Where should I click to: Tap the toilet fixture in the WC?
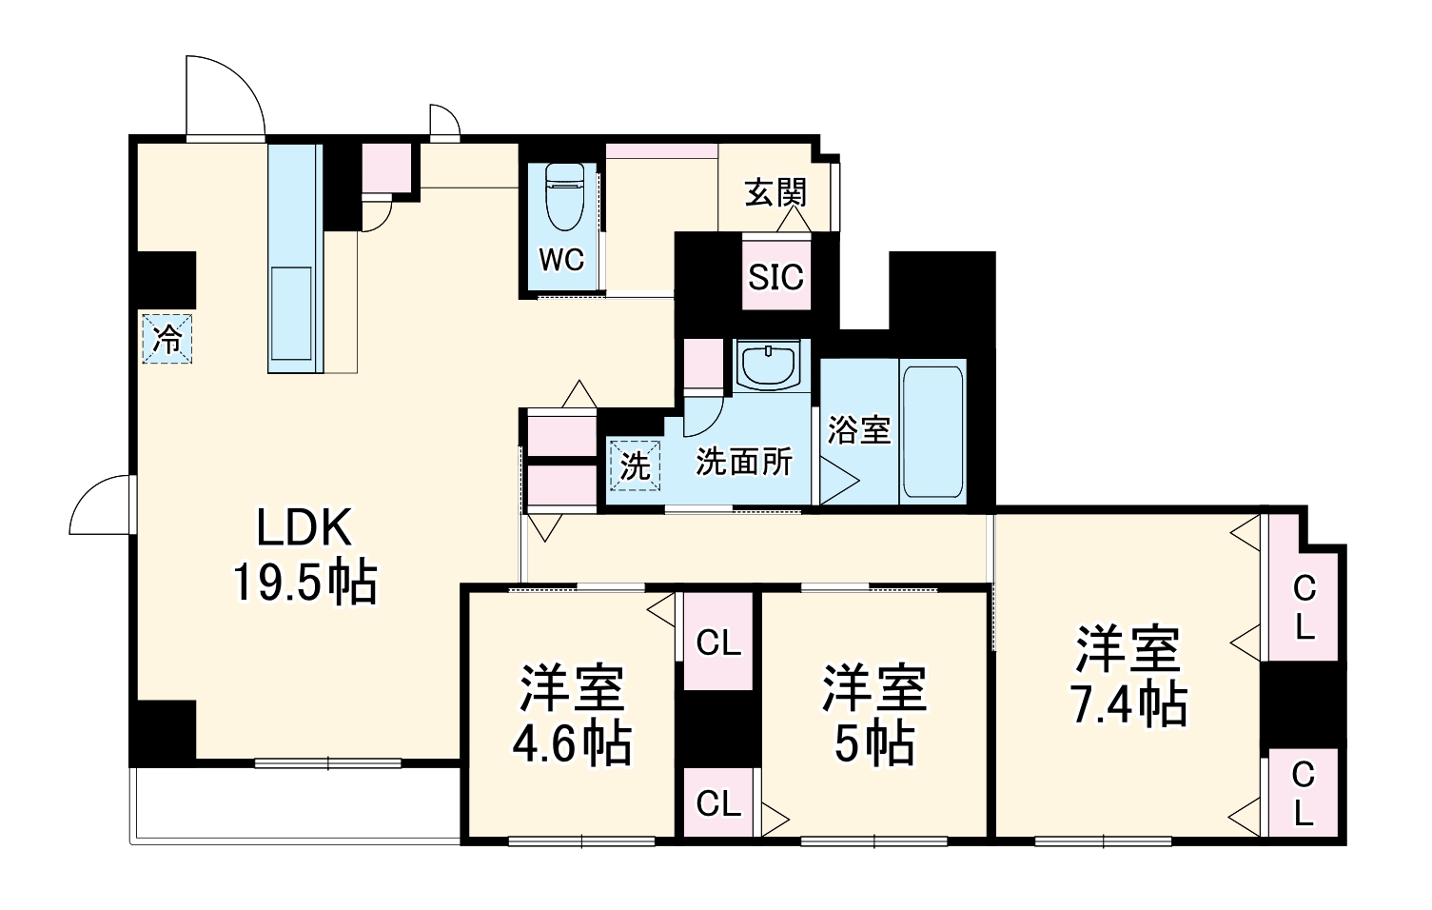pos(565,197)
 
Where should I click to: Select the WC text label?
pos(561,259)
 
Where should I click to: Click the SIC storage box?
pos(775,277)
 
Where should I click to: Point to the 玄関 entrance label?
pos(775,192)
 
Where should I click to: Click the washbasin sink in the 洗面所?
pos(770,366)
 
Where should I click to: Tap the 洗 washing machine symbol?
pos(634,465)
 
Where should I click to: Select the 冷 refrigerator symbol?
pos(168,339)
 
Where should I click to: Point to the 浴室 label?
pos(857,430)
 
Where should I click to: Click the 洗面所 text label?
pos(744,462)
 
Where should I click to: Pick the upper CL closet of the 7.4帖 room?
pos(1304,607)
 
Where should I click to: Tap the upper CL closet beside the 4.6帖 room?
pos(717,643)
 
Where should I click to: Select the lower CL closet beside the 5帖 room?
pos(717,803)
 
